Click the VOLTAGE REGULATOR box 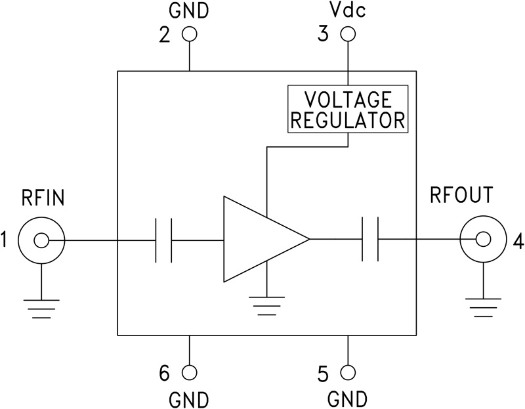[x=348, y=110]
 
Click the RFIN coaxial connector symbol [x=41, y=242]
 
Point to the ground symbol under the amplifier [x=267, y=304]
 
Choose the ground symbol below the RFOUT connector [x=482, y=305]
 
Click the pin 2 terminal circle [x=189, y=34]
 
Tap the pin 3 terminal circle [x=348, y=34]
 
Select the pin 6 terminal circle [x=189, y=372]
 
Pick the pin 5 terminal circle [x=348, y=372]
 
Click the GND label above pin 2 [x=189, y=11]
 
